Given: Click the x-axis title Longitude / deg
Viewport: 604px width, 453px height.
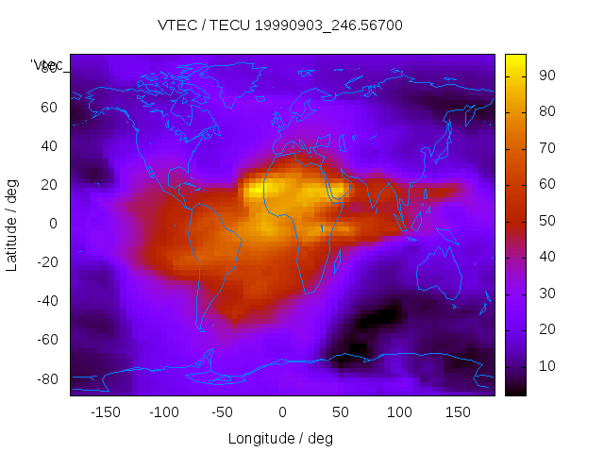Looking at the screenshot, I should (280, 438).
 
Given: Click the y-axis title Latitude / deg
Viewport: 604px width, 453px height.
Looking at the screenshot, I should (12, 224).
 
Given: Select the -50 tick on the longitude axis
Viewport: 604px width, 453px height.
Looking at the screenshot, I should (223, 411).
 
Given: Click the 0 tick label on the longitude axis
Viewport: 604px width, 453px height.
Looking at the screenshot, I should (282, 411).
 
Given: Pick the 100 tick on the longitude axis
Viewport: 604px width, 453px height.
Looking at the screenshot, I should (399, 411).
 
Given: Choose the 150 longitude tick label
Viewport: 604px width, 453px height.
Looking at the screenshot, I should (458, 411).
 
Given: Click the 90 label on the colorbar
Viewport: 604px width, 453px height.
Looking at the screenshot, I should (546, 75).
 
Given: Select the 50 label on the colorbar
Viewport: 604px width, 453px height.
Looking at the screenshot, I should (546, 220).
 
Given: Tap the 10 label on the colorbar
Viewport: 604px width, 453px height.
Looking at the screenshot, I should (546, 365).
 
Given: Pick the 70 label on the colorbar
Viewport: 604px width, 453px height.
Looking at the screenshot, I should (546, 148).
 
